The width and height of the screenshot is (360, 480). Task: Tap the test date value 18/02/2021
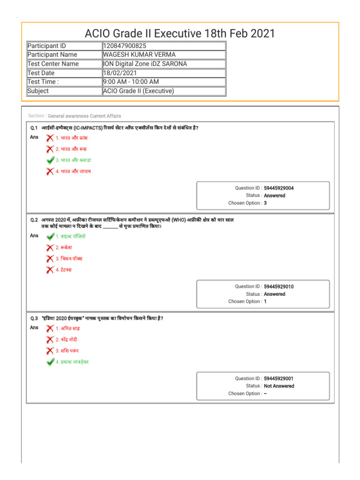(x=119, y=73)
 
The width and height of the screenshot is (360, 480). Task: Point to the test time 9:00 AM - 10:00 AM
(x=131, y=82)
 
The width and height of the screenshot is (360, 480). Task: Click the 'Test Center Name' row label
(x=53, y=64)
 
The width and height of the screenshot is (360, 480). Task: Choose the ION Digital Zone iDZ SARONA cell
(x=145, y=64)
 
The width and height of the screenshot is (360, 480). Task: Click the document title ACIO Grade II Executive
(x=180, y=33)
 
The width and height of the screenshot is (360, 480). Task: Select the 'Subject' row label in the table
(x=38, y=91)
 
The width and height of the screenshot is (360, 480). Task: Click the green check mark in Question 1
(x=50, y=160)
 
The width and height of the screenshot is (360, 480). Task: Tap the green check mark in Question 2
(x=50, y=237)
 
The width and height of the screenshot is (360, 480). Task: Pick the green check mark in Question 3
(x=50, y=362)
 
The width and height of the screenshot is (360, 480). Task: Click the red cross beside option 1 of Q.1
(x=50, y=138)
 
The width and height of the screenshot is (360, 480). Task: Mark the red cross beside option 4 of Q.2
(x=50, y=270)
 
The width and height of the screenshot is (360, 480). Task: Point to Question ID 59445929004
(x=279, y=188)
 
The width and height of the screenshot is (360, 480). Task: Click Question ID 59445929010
(x=279, y=286)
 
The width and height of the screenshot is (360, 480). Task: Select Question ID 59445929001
(x=279, y=378)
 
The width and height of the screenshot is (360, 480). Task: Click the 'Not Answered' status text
(x=279, y=386)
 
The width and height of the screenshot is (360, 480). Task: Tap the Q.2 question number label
(x=34, y=219)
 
